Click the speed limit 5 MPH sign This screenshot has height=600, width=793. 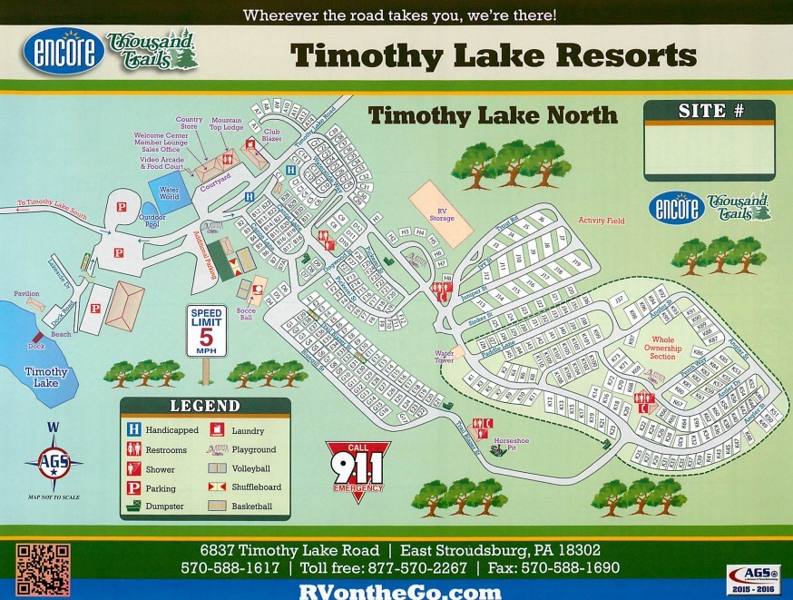point(206,333)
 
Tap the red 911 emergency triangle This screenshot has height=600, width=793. point(357,467)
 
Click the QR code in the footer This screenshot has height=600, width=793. point(43,569)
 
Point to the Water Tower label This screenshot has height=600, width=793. point(445,357)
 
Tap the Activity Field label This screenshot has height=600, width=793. point(602,221)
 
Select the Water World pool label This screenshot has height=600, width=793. point(170,193)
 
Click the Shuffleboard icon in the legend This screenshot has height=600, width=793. point(218,487)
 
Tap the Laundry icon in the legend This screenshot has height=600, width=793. point(218,431)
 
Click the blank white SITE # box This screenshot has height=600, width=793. point(710,152)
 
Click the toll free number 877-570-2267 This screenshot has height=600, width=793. point(426,568)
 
